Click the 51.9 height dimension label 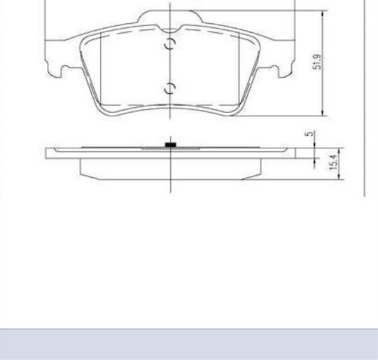tap(317, 62)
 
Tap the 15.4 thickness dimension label tap(334, 162)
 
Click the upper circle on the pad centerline tap(170, 44)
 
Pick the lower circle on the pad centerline tap(170, 88)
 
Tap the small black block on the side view tap(170, 145)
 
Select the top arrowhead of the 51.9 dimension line tap(323, 14)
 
